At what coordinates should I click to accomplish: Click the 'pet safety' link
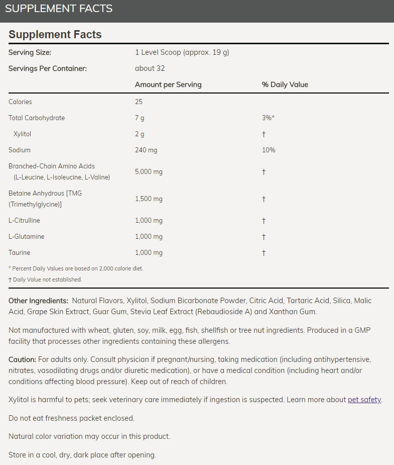point(364,400)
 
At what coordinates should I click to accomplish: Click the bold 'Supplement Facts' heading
point(55,35)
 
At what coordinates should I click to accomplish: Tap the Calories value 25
point(139,102)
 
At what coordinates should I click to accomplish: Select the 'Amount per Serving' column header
point(168,84)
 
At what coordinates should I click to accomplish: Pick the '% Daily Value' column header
point(285,84)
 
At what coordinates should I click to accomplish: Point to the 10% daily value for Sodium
point(269,150)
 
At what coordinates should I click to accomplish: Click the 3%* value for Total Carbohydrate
point(269,118)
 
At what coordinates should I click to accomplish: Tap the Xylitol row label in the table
point(23,134)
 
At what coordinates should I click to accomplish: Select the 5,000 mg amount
point(149,171)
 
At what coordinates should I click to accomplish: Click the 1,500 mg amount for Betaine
point(149,199)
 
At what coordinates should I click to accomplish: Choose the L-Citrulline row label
point(24,220)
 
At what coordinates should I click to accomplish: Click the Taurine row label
point(20,252)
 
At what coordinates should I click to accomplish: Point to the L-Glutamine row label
point(26,236)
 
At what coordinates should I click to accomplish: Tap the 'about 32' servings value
point(150,68)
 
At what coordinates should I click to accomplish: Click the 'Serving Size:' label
point(30,52)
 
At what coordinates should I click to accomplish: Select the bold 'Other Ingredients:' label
point(38,301)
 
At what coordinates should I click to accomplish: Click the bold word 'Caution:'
point(22,359)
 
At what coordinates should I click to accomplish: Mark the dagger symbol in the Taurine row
point(264,252)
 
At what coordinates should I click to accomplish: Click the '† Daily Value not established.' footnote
point(45,280)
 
